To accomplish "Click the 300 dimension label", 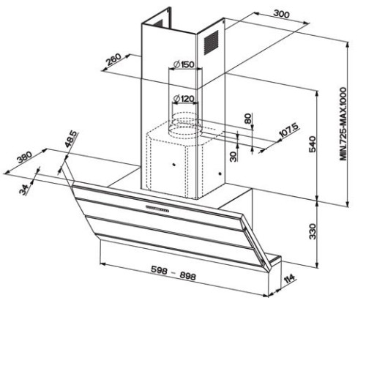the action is click(281, 14).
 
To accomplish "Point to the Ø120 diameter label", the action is click(184, 99).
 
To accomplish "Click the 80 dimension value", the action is click(247, 119).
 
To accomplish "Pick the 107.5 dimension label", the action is click(288, 130).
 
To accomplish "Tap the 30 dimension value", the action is click(234, 157).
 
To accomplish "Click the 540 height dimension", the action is click(313, 144).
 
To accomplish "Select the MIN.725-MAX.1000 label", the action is click(343, 124).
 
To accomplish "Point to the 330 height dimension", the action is click(313, 231).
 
